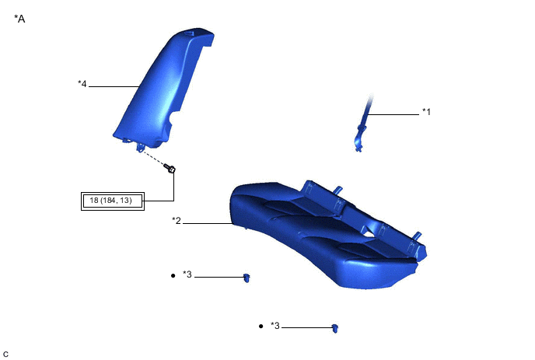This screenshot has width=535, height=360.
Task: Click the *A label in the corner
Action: point(19,18)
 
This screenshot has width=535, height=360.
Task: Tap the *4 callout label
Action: point(82,84)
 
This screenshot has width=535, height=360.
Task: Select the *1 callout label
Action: point(426,112)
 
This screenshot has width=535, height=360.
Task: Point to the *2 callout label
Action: point(177,222)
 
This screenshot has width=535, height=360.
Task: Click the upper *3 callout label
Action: point(187,274)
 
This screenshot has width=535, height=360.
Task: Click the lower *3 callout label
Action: point(275,327)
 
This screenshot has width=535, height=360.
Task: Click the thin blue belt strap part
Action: point(363,121)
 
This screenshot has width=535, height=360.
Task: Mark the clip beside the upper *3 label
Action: point(247,277)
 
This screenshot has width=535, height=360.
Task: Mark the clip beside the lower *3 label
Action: point(335,328)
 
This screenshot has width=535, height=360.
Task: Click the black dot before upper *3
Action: point(173,275)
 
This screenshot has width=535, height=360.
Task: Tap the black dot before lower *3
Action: point(261,327)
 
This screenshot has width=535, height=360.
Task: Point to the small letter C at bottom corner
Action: point(6,354)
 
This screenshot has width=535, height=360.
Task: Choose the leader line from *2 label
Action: point(206,224)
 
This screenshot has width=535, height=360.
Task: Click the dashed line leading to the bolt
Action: point(156,159)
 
